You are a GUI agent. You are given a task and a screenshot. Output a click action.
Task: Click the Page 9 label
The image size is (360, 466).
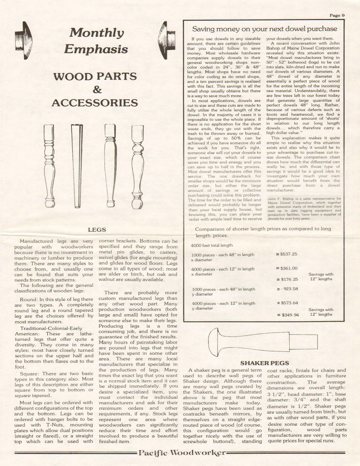337,15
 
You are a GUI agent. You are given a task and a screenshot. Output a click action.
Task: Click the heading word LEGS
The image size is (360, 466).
97,229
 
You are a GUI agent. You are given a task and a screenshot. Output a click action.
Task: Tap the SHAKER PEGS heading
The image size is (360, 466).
265,363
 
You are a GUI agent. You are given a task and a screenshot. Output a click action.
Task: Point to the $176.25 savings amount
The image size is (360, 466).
288,279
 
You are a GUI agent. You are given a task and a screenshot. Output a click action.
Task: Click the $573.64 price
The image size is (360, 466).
288,303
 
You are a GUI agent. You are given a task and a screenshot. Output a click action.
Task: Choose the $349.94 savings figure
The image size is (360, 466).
288,315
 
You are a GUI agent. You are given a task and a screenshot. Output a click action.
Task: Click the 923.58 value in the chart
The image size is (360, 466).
289,289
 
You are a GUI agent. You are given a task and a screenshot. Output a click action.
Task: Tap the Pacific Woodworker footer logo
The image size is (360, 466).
182,453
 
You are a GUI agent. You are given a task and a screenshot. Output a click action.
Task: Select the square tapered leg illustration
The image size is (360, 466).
76,164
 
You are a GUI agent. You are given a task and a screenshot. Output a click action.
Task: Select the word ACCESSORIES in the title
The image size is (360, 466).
95,103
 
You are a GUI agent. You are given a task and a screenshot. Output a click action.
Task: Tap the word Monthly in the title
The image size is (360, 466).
96,33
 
